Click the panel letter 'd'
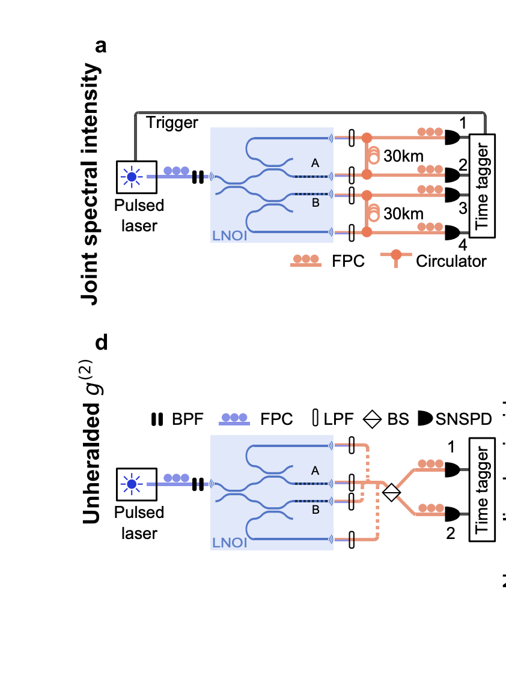(102, 343)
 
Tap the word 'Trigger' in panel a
(172, 123)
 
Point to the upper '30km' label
(404, 156)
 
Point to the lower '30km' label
(404, 214)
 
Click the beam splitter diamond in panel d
(391, 493)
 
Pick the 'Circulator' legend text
(451, 261)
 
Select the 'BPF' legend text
(183, 419)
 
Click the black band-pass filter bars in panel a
(197, 177)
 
